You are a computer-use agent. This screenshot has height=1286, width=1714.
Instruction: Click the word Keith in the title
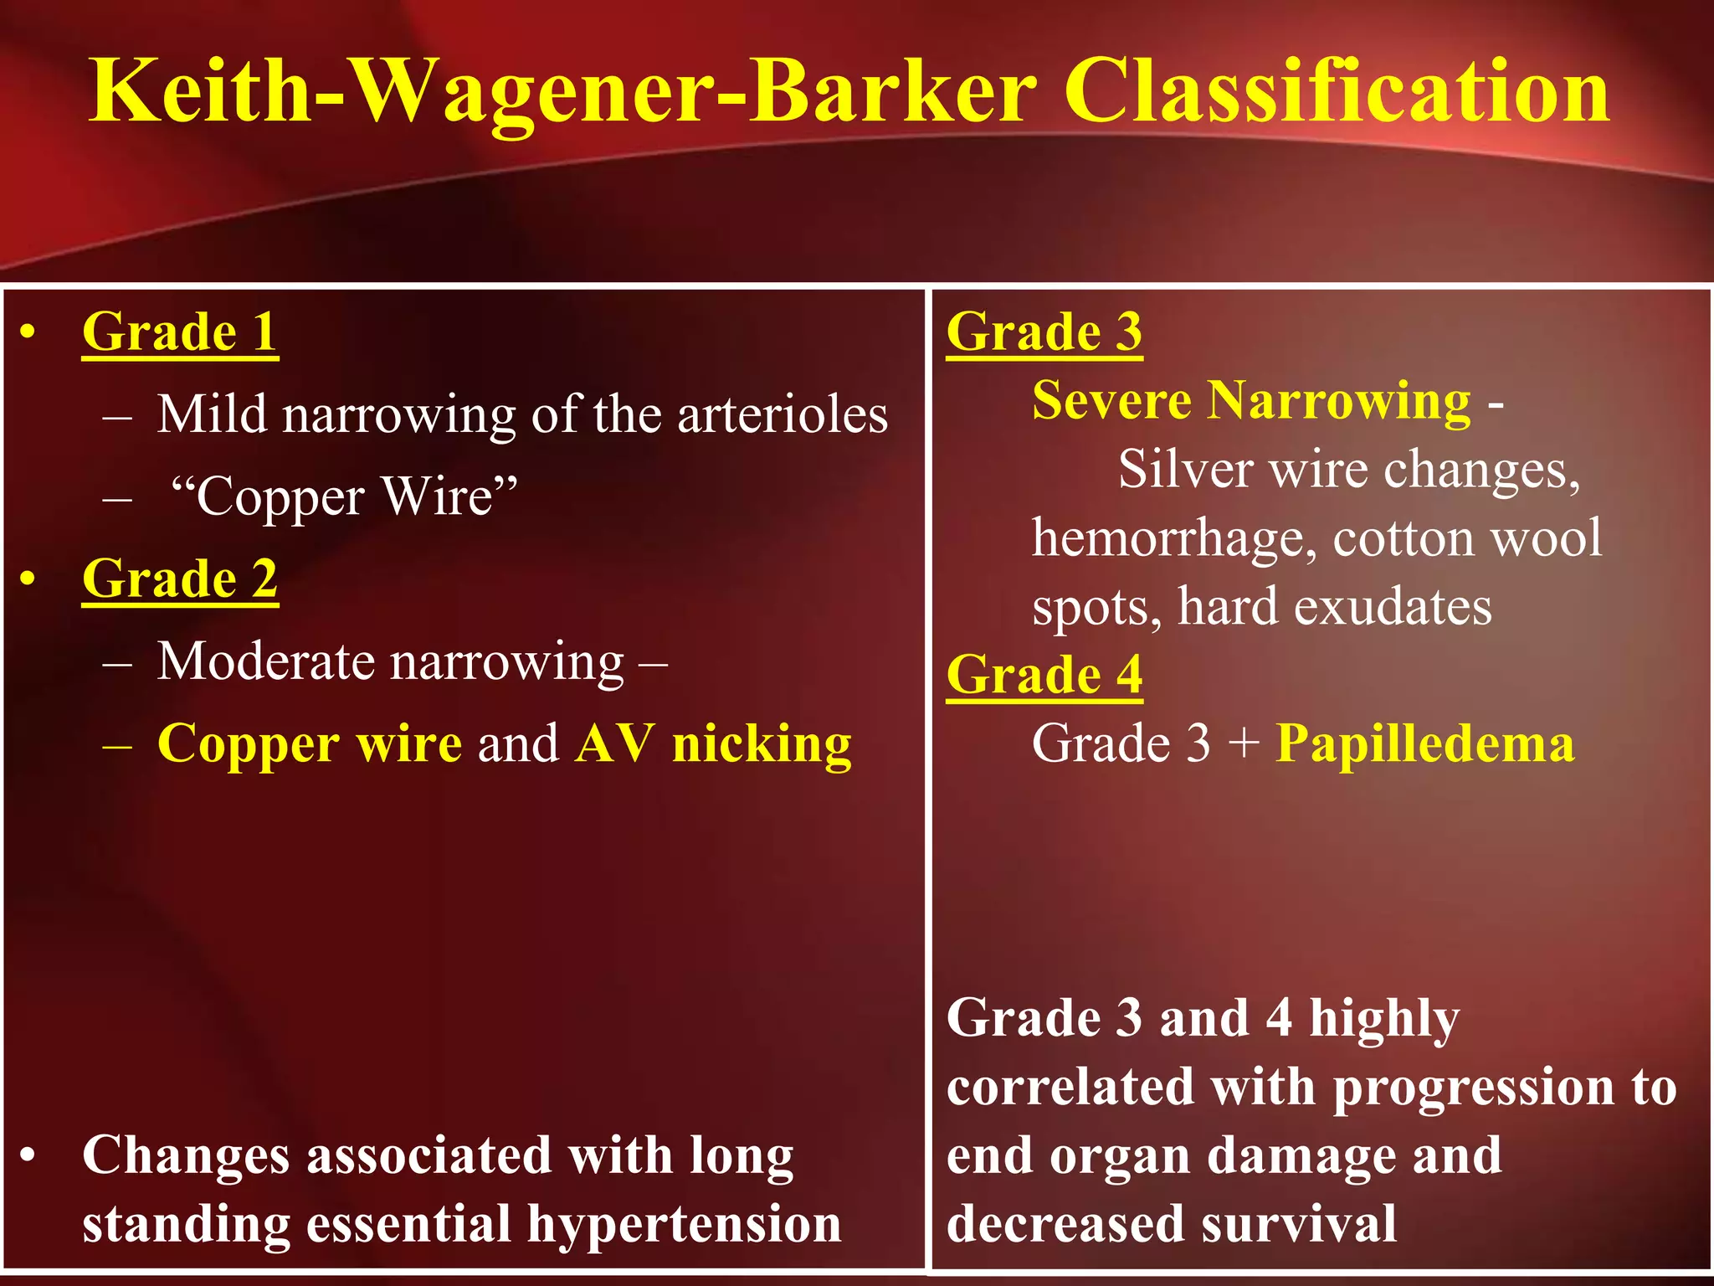pyautogui.click(x=201, y=92)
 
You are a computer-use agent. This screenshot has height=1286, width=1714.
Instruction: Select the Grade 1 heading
pyautogui.click(x=180, y=332)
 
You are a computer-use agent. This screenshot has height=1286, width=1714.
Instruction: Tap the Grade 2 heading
pyautogui.click(x=180, y=579)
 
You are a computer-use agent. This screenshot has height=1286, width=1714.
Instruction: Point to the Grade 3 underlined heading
pyautogui.click(x=1044, y=332)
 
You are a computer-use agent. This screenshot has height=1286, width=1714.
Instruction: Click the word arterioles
pyautogui.click(x=782, y=414)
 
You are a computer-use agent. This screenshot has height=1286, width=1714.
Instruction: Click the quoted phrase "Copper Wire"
pyautogui.click(x=343, y=496)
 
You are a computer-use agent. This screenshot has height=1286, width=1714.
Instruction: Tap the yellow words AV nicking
pyautogui.click(x=713, y=743)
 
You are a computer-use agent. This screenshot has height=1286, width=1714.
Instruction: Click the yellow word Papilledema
pyautogui.click(x=1424, y=743)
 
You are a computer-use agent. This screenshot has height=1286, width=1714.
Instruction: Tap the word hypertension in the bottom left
pyautogui.click(x=684, y=1224)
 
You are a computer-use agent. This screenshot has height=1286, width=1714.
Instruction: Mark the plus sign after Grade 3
pyautogui.click(x=1244, y=743)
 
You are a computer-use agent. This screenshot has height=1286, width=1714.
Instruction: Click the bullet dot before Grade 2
pyautogui.click(x=28, y=579)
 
